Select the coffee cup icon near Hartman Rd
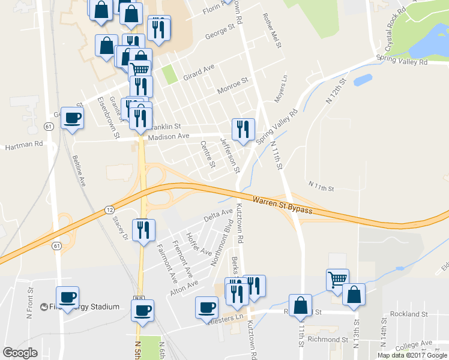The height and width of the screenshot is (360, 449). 73,118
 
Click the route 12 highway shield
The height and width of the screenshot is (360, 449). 109,209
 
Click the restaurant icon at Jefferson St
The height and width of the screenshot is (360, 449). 244,130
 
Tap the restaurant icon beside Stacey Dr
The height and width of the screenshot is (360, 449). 143,230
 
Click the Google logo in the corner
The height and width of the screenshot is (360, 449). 20,353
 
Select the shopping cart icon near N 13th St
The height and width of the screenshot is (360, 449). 338,280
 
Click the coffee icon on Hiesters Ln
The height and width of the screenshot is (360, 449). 206,307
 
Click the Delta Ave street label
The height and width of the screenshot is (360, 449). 218,215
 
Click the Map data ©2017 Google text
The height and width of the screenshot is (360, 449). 411,355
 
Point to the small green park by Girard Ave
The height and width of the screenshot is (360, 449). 170,74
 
